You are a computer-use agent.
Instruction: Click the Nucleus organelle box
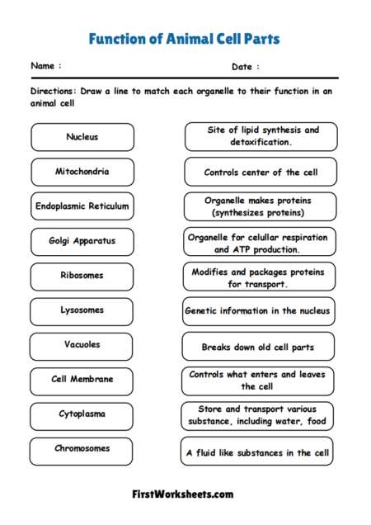(82, 137)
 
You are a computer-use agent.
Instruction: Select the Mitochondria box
(82, 172)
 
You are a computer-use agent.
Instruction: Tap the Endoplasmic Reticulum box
(82, 206)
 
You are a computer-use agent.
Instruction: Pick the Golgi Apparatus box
(82, 242)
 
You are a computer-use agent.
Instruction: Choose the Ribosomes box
(82, 277)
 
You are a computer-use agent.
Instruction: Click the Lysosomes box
(82, 311)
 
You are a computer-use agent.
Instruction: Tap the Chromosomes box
(82, 450)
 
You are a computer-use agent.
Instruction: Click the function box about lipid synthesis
(259, 136)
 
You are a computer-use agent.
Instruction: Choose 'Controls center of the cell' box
(259, 173)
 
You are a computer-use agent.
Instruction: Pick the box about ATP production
(259, 243)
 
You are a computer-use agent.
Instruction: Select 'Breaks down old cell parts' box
(259, 347)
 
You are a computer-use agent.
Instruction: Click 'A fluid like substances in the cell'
(259, 452)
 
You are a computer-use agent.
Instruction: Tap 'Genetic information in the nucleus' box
(259, 312)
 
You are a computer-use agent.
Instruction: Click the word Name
(44, 65)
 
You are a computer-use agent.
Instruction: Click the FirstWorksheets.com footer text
(183, 494)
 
